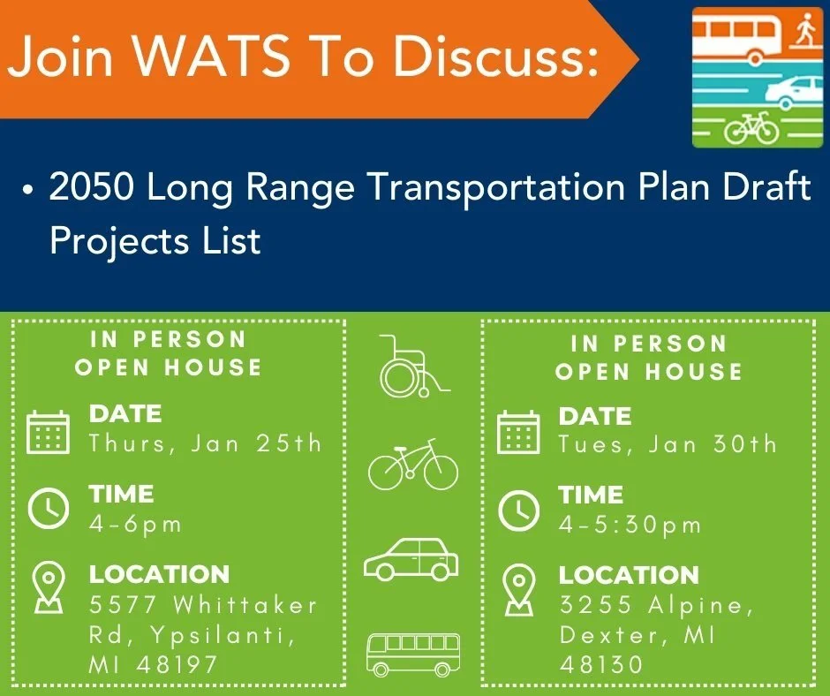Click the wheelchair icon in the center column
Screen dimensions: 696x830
(412, 366)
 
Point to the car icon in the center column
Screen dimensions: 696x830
(411, 559)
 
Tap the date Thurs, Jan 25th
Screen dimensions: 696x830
(206, 443)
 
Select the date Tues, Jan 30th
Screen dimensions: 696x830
(668, 444)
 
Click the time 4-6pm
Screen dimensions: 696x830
(135, 524)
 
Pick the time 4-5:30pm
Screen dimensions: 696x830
(630, 526)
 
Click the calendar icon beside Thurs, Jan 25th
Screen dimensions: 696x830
(48, 432)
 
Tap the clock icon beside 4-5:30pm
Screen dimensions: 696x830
(518, 510)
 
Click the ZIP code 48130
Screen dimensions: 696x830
(601, 664)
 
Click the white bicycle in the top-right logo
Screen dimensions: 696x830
(751, 130)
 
